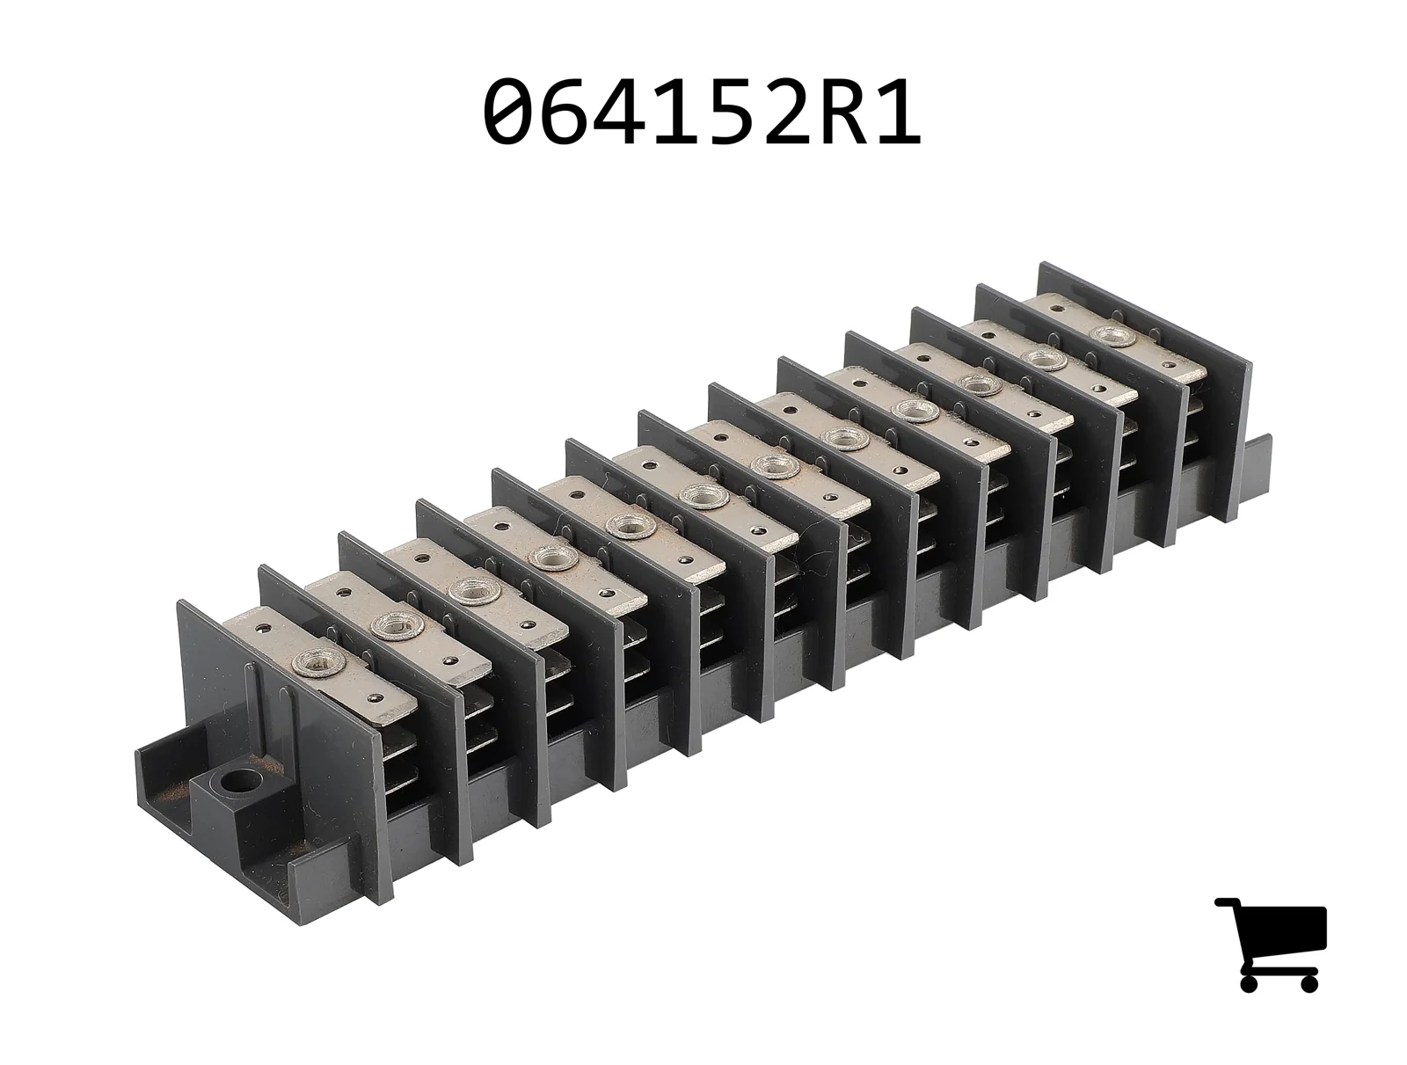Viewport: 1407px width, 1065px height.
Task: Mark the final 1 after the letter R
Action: coord(898,110)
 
